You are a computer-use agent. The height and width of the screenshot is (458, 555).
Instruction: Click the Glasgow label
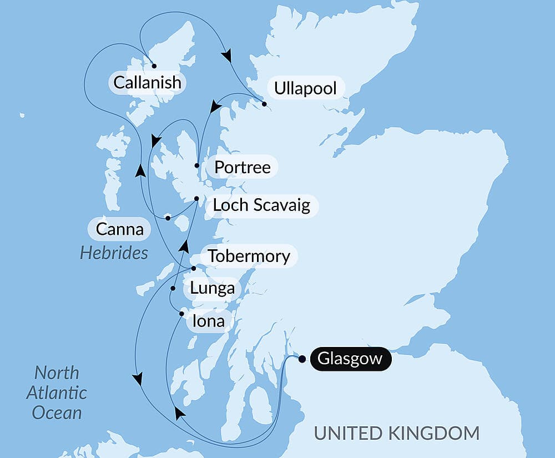pyautogui.click(x=350, y=359)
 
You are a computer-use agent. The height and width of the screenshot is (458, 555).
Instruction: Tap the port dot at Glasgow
pyautogui.click(x=302, y=359)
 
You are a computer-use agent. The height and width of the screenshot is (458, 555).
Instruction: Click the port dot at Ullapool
pyautogui.click(x=264, y=104)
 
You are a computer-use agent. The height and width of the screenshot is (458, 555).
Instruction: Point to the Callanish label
pyautogui.click(x=147, y=83)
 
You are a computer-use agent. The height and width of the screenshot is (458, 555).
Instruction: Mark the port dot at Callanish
pyautogui.click(x=154, y=66)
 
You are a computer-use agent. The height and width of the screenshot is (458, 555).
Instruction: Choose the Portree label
pyautogui.click(x=243, y=167)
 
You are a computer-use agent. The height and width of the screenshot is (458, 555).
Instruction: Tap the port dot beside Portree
pyautogui.click(x=197, y=165)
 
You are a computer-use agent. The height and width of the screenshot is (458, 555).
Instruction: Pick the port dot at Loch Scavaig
pyautogui.click(x=196, y=198)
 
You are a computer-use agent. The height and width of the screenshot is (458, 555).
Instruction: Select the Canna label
pyautogui.click(x=119, y=229)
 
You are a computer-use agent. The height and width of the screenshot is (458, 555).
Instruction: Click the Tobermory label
pyautogui.click(x=249, y=256)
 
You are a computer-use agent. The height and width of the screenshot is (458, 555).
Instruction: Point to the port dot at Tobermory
pyautogui.click(x=193, y=269)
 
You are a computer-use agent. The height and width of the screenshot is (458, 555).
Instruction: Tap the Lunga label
pyautogui.click(x=212, y=289)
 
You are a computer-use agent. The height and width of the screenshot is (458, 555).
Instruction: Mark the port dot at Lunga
pyautogui.click(x=173, y=289)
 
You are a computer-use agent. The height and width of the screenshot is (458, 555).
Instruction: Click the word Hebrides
pyautogui.click(x=114, y=253)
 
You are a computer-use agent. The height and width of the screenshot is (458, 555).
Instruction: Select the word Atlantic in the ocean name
pyautogui.click(x=57, y=392)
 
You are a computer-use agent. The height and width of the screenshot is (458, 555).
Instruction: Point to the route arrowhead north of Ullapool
pyautogui.click(x=226, y=56)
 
